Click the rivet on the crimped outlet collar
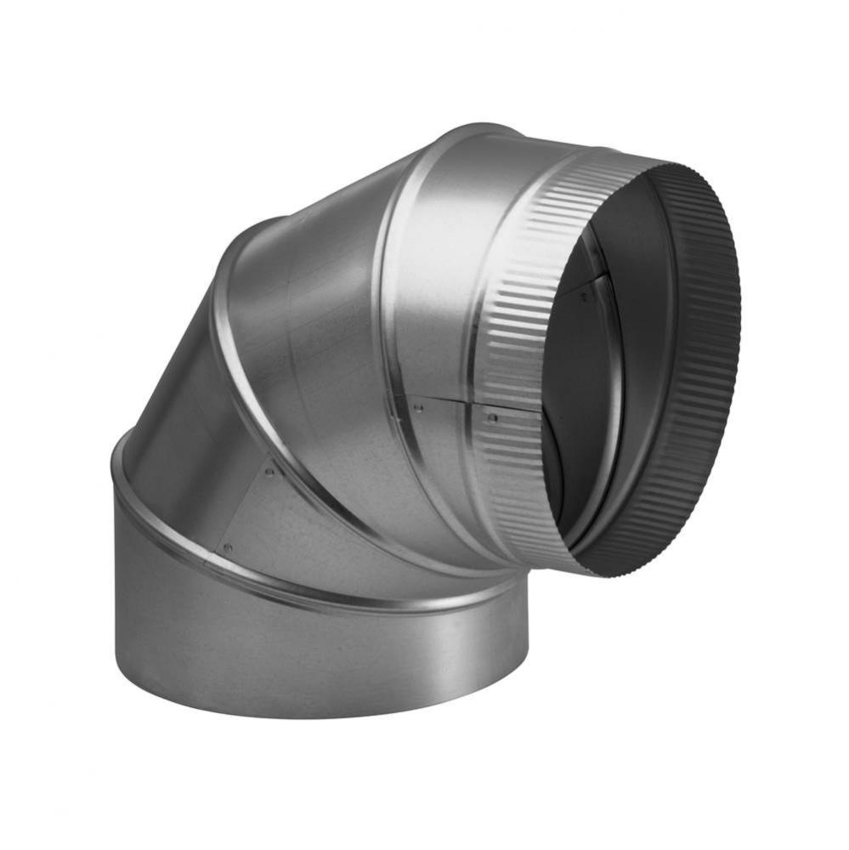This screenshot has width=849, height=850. pyautogui.click(x=491, y=417)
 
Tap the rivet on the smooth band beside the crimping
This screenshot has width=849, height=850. pyautogui.click(x=417, y=409)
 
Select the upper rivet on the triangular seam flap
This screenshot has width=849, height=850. pyautogui.click(x=269, y=471)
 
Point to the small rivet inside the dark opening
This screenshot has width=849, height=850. pyautogui.click(x=584, y=297)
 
